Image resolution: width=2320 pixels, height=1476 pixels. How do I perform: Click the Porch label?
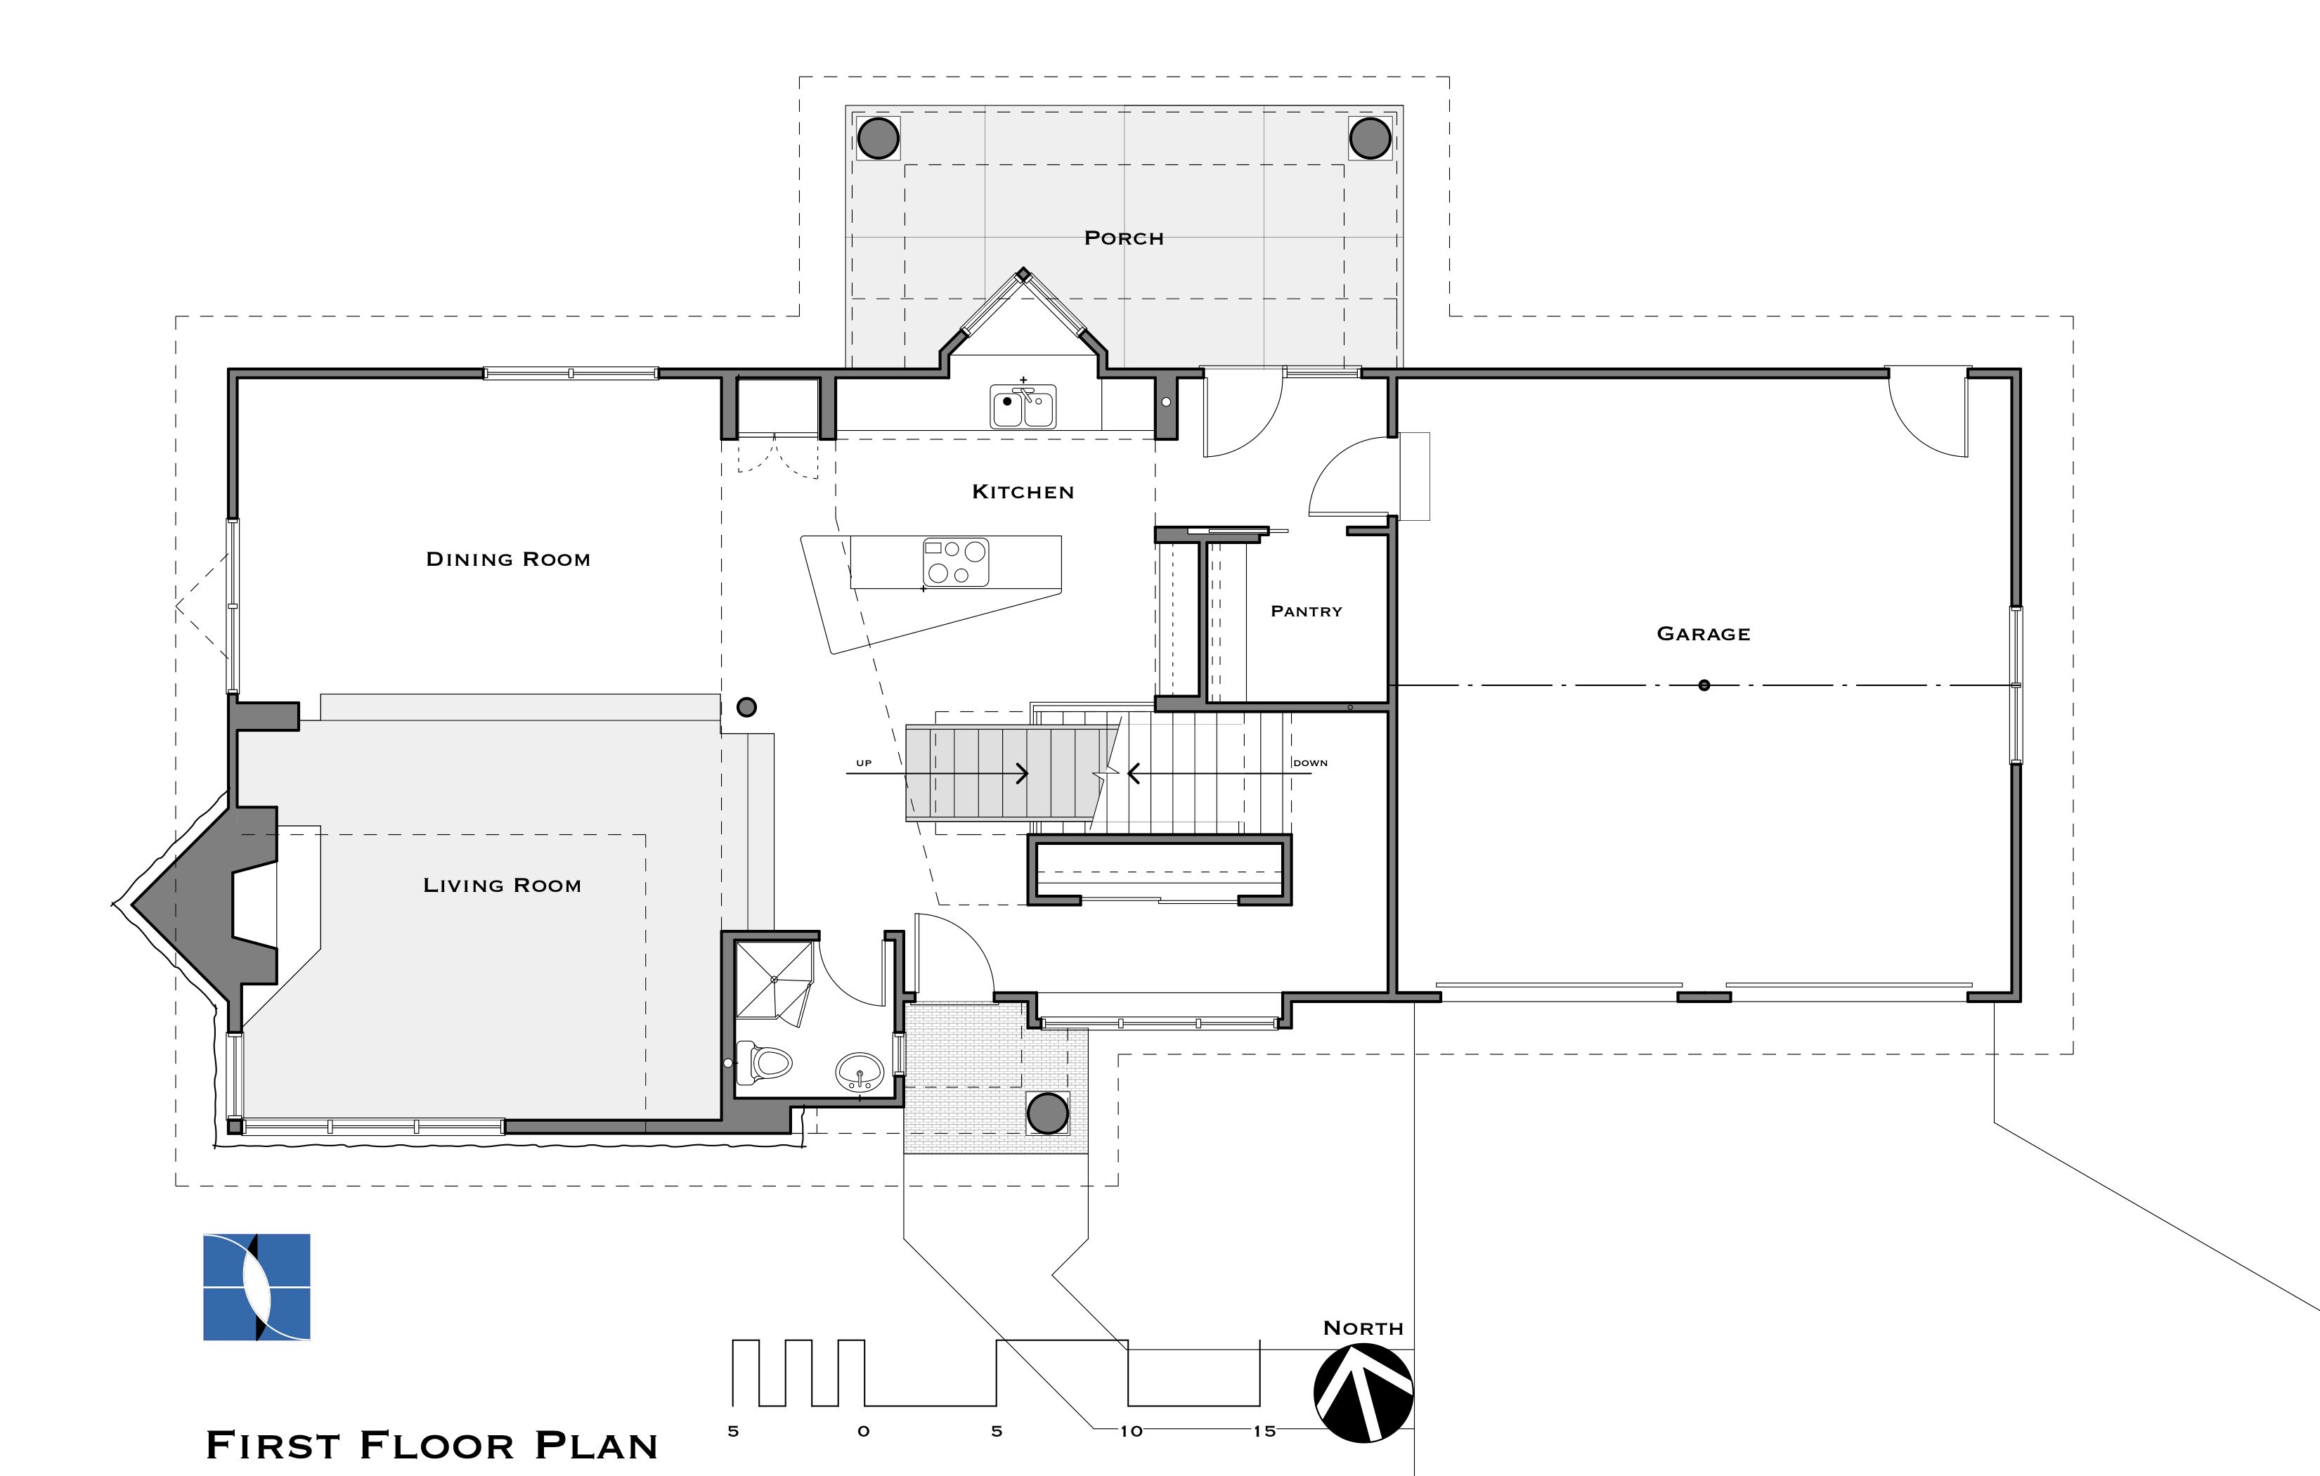click(x=1123, y=238)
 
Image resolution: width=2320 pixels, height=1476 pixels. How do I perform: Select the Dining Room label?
click(x=507, y=559)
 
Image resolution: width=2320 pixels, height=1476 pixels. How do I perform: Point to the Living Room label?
click(x=502, y=884)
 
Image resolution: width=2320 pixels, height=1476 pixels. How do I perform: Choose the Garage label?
click(x=1704, y=633)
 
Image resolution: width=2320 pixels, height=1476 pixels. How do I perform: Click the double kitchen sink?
click(x=1023, y=406)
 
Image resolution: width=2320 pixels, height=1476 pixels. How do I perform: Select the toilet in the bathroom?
click(x=763, y=1063)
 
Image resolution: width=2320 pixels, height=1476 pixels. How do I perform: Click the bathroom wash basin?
click(x=860, y=1071)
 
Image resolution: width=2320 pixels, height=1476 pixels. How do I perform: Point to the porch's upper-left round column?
click(x=878, y=138)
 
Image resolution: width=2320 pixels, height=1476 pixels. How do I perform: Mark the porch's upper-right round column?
click(x=1370, y=138)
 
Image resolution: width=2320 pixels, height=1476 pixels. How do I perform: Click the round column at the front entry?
click(x=1047, y=1114)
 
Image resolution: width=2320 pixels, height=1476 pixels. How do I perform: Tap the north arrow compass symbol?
click(x=1363, y=1392)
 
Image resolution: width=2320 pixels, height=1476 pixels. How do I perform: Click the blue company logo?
click(x=257, y=1287)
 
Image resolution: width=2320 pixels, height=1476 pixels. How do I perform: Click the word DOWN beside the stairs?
click(x=1310, y=763)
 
